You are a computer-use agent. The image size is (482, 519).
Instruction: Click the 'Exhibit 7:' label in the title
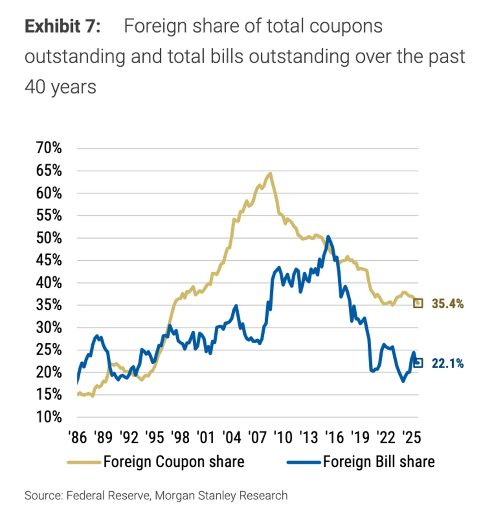(62, 26)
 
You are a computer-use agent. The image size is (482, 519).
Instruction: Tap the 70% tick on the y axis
(49, 148)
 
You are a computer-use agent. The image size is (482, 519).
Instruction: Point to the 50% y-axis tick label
(49, 237)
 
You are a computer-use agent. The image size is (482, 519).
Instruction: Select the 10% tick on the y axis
(49, 417)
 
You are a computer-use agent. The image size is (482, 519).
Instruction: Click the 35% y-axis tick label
(49, 305)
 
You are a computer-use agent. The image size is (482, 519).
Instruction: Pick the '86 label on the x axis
(78, 437)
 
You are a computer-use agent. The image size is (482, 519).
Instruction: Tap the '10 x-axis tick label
(283, 437)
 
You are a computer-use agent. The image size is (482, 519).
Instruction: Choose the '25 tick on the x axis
(411, 437)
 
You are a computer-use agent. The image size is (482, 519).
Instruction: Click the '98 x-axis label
(180, 437)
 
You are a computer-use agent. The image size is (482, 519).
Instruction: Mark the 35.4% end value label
(448, 304)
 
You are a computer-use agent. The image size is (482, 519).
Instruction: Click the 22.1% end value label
(448, 363)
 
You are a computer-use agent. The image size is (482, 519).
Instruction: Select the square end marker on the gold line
(418, 304)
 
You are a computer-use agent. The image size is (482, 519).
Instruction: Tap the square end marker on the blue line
(418, 363)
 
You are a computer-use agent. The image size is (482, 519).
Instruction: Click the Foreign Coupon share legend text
(174, 462)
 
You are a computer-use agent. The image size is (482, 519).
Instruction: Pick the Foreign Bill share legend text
(378, 462)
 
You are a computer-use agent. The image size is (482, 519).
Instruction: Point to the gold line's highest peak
(270, 173)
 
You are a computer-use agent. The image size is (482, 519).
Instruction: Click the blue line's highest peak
(328, 236)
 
